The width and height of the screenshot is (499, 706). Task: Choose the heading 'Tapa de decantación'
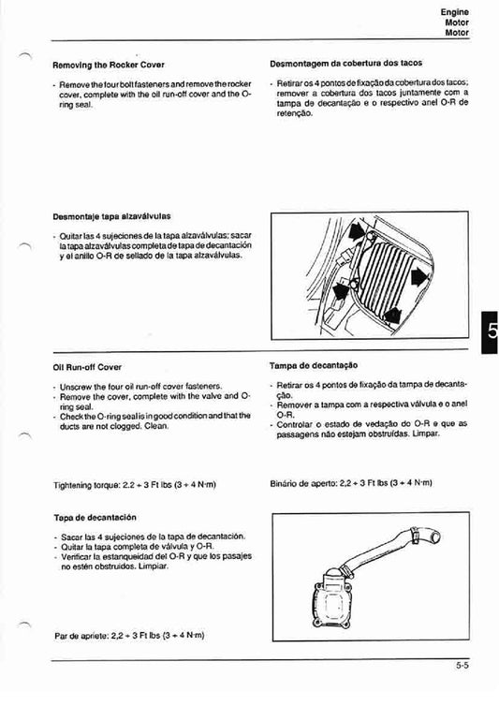coord(95,517)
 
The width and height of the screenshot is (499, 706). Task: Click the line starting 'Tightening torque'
coord(136,484)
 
